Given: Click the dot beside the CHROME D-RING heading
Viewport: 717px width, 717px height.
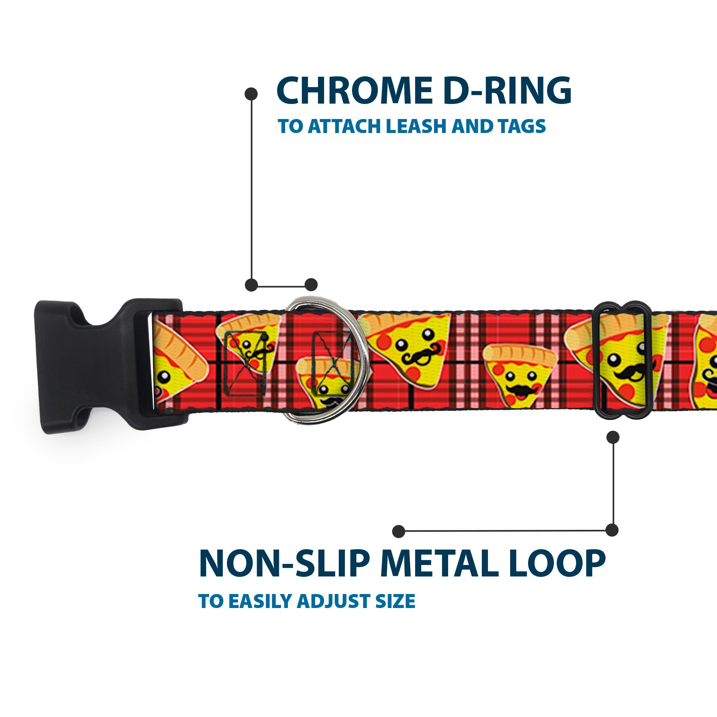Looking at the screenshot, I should tap(251, 94).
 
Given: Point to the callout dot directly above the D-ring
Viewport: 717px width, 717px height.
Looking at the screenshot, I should tap(311, 285).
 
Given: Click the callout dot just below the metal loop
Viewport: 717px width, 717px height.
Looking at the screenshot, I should tap(613, 437).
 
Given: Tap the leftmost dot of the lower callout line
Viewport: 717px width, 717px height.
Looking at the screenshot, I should tap(399, 531).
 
